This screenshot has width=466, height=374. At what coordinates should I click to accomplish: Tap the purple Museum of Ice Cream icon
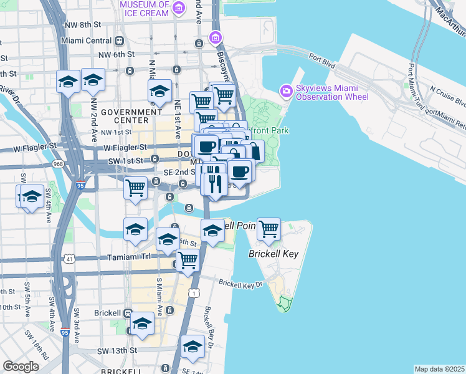[179, 8]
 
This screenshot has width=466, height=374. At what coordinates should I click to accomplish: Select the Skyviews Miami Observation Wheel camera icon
[287, 91]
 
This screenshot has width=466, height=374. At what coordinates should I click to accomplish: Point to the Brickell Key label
[274, 254]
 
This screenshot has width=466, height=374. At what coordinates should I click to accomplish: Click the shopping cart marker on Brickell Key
[269, 229]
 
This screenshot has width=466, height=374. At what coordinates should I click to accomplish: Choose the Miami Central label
[82, 41]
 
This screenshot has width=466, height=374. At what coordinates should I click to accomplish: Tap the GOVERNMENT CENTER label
[125, 116]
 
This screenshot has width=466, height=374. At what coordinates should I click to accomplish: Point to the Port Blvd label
[321, 60]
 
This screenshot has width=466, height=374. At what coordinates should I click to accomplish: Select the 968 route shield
[59, 164]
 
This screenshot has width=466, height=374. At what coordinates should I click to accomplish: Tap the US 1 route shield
[196, 292]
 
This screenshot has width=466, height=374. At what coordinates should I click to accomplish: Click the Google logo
[21, 367]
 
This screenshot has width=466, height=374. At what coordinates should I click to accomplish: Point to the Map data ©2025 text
[439, 369]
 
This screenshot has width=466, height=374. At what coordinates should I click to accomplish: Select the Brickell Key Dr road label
[241, 284]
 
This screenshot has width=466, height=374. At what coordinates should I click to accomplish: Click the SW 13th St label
[117, 350]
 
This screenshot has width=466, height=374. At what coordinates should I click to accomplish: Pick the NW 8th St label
[83, 24]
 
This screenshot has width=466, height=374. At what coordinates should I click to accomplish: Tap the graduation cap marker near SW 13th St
[193, 346]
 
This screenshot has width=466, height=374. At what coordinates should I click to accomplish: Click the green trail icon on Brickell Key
[285, 304]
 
